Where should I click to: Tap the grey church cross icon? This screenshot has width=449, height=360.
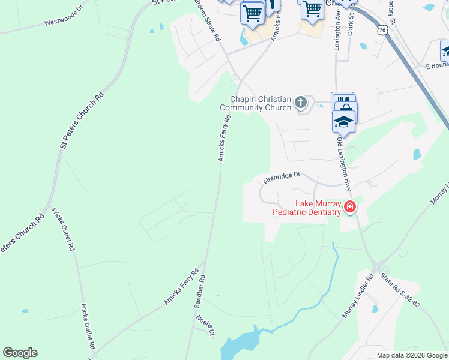coord(301,104)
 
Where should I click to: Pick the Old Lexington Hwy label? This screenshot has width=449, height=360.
coord(345,164)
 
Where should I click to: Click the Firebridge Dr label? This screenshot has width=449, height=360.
coord(280,178)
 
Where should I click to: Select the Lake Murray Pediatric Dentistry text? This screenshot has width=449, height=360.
coord(307,208)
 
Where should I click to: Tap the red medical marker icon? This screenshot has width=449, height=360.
coord(349,208)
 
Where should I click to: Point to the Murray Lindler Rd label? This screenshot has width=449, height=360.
coord(357,296)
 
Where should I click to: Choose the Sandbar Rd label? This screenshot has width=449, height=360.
coord(200,292)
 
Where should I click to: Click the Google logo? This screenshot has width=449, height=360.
coord(20,353)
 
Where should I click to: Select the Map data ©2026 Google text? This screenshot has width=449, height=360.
coord(411,355)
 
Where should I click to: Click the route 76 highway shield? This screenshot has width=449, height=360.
coord(382,29)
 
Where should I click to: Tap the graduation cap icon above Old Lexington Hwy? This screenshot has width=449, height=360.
coord(343,122)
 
